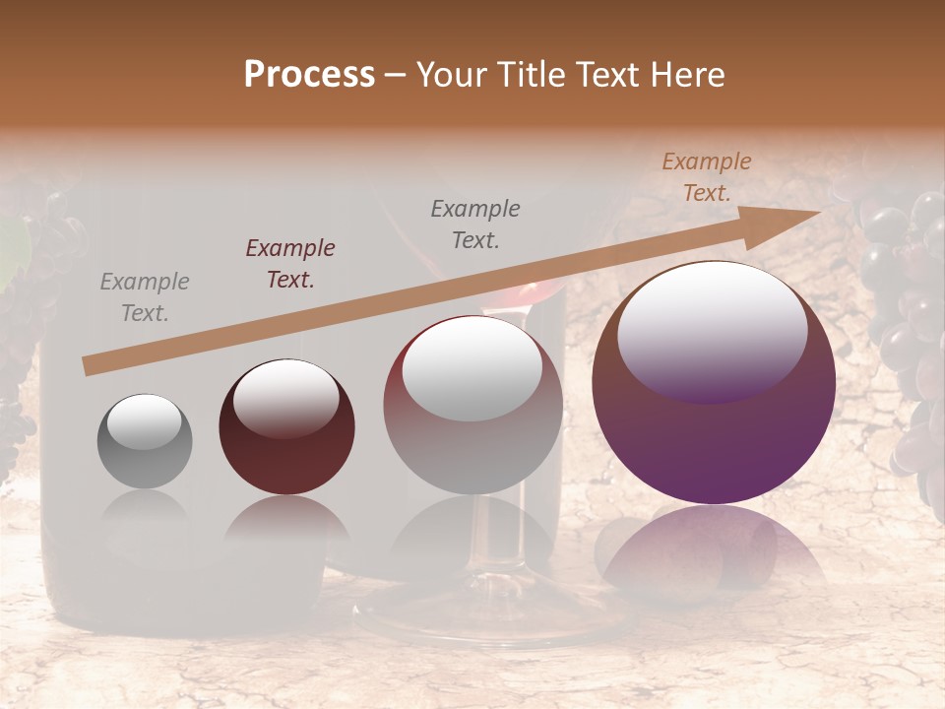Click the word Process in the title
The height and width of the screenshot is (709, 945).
click(309, 75)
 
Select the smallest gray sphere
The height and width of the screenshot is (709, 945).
click(145, 441)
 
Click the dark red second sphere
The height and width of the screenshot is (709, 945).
click(286, 427)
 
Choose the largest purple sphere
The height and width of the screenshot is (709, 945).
click(714, 382)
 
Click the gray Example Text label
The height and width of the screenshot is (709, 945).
click(145, 297)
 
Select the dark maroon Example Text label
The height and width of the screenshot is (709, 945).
click(290, 263)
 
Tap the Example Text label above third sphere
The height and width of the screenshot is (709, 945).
click(475, 224)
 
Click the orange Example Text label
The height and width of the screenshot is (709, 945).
click(706, 177)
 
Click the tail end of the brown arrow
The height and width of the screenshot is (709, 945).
click(91, 366)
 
